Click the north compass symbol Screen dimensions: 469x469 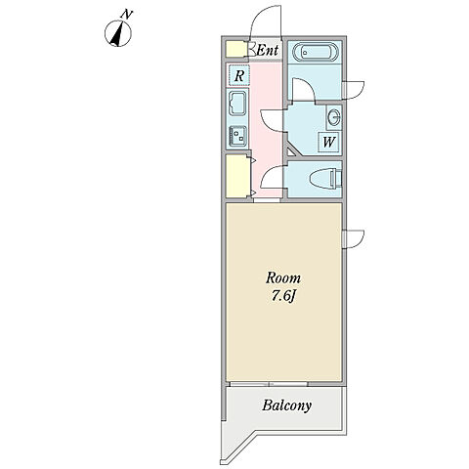(118, 33)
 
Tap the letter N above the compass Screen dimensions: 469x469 (127, 15)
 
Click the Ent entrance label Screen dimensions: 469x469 (268, 50)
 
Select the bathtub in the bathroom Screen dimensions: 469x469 (316, 52)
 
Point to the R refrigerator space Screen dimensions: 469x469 (239, 75)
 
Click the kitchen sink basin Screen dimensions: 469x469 (238, 103)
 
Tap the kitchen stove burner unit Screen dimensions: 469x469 (238, 136)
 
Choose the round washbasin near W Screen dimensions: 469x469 (333, 116)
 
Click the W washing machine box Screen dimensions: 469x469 (328, 142)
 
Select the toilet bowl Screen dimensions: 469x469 (325, 179)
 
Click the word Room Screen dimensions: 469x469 (283, 278)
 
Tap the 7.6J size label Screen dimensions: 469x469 (283, 296)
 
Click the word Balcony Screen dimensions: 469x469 (286, 405)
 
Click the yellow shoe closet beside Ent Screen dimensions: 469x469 (236, 49)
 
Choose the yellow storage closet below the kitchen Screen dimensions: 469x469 (237, 176)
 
